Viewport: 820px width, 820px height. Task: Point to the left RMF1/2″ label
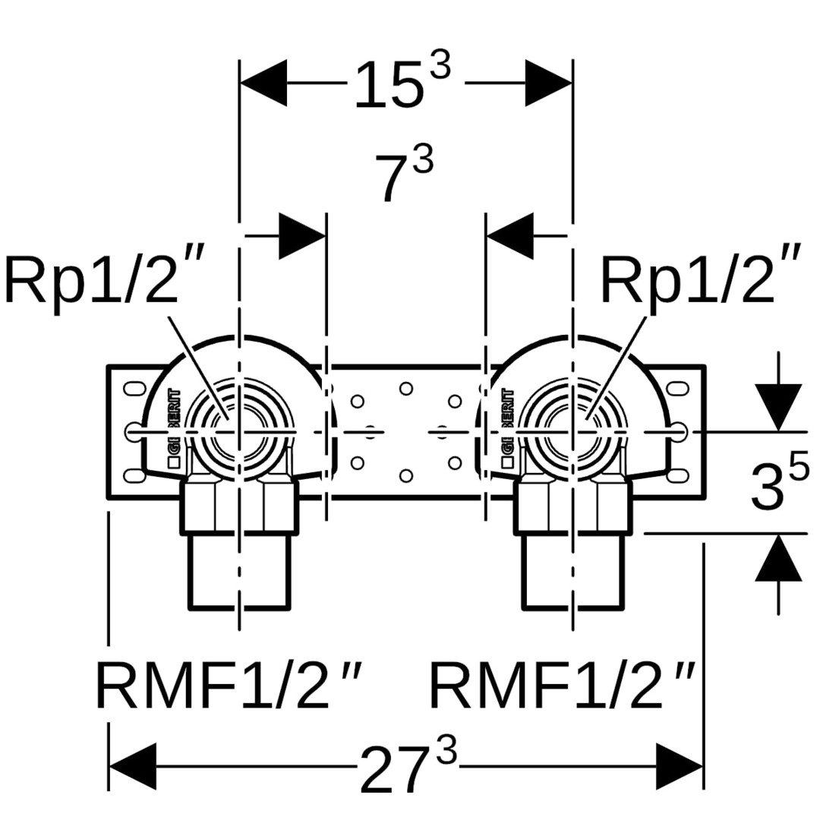(228, 686)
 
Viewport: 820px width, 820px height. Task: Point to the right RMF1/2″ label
(562, 686)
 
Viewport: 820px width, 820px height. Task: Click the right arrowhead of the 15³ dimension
(548, 83)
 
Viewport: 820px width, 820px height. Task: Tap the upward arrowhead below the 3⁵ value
(778, 558)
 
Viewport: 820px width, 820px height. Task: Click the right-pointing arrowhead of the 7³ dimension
(303, 236)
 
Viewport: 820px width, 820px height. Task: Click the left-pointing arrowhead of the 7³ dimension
(509, 236)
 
